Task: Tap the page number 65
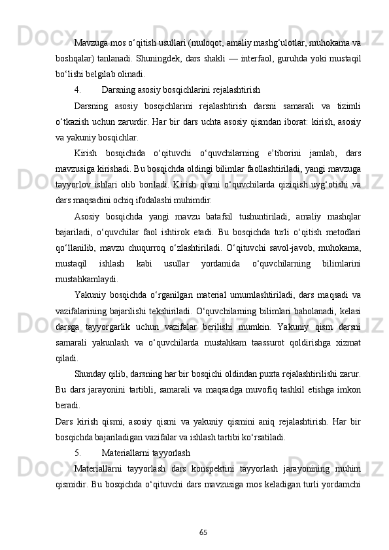pos(203,534)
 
